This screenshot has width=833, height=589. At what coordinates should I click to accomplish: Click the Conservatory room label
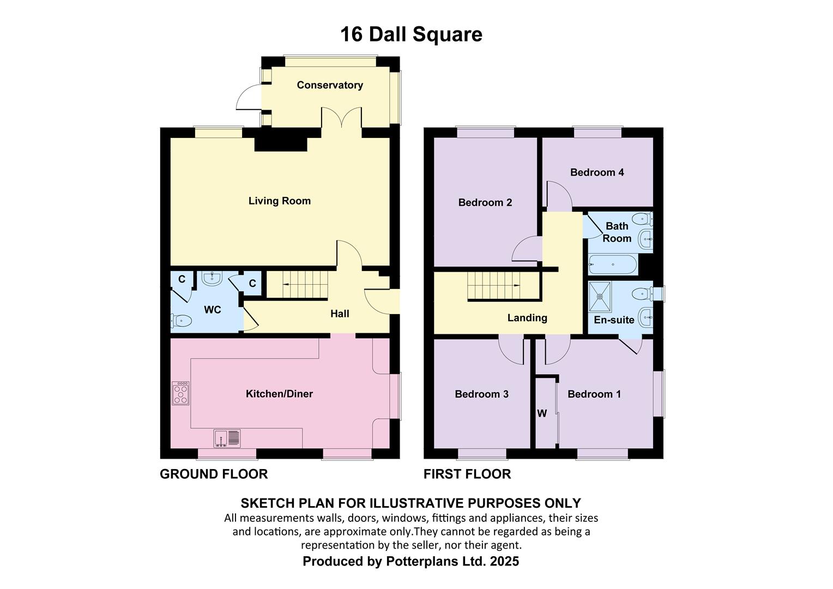click(x=330, y=85)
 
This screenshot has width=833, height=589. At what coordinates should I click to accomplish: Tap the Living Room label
click(x=280, y=201)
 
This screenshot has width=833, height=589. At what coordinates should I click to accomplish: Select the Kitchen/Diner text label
click(x=279, y=394)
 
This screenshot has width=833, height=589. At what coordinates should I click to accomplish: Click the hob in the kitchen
click(x=181, y=393)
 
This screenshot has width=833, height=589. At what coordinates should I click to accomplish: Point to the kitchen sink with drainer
click(x=227, y=438)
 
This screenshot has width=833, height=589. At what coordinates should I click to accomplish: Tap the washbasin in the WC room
click(x=212, y=279)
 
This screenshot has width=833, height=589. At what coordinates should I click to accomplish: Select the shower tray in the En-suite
click(x=600, y=297)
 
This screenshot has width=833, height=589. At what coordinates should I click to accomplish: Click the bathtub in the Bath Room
click(x=613, y=265)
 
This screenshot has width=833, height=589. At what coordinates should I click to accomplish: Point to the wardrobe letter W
click(x=542, y=413)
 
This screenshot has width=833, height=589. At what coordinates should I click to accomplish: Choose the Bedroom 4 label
click(x=597, y=172)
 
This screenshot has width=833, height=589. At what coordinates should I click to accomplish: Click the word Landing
click(x=527, y=318)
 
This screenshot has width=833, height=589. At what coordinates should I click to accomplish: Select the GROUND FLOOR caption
click(x=214, y=474)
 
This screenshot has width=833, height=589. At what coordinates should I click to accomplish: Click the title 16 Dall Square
click(x=411, y=34)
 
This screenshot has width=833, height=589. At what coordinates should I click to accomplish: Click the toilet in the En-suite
click(x=642, y=294)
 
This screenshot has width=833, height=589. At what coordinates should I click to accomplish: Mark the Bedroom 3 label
click(x=481, y=394)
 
